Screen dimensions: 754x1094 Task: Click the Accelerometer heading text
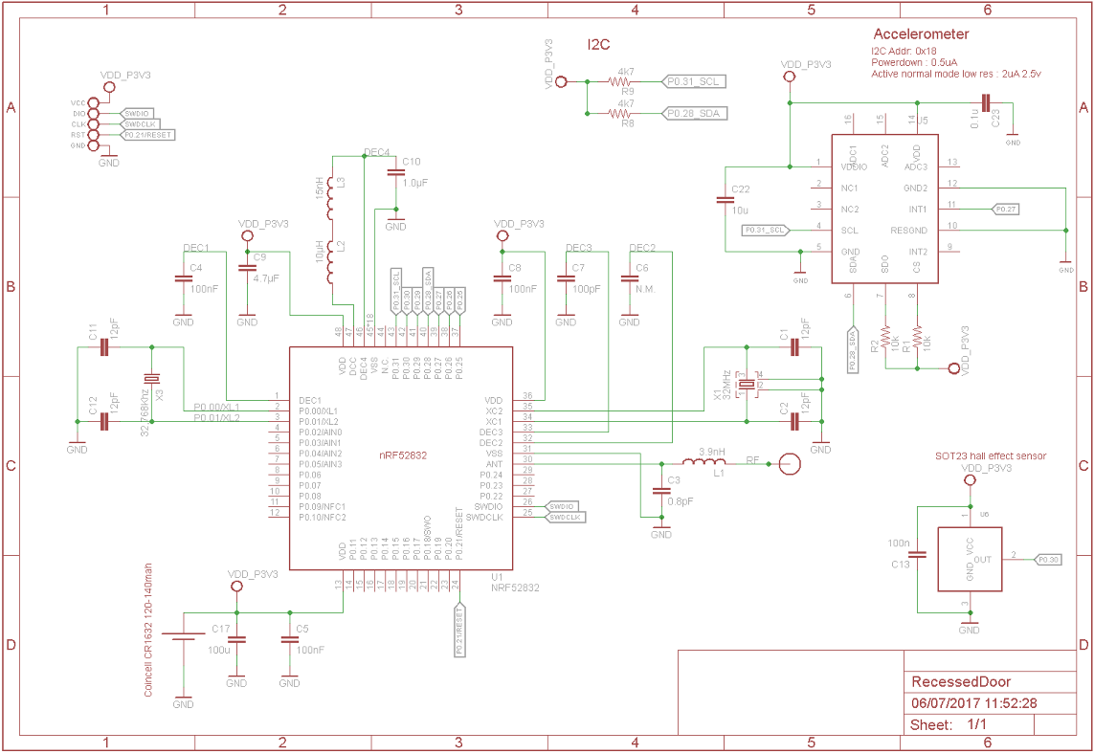pyautogui.click(x=921, y=33)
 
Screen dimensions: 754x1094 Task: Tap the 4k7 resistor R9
pyautogui.click(x=627, y=82)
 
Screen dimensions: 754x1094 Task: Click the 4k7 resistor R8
pyautogui.click(x=627, y=114)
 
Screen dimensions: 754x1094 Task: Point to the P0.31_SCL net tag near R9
pyautogui.click(x=695, y=82)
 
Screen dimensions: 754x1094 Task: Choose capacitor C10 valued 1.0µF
pyautogui.click(x=395, y=173)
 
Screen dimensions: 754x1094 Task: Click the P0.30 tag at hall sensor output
pyautogui.click(x=1048, y=558)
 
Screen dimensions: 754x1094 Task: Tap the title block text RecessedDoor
pyautogui.click(x=961, y=682)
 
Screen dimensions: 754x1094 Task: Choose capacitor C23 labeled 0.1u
pyautogui.click(x=986, y=103)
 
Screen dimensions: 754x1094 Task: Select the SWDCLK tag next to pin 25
pyautogui.click(x=566, y=517)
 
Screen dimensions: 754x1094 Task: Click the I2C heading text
pyautogui.click(x=598, y=44)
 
